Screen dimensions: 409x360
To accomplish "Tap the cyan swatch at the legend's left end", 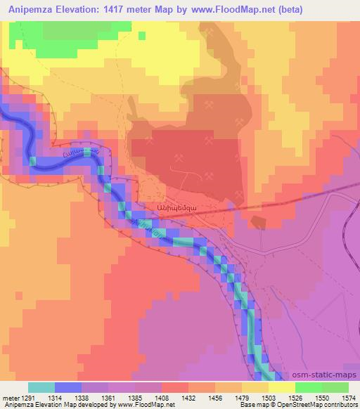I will [41, 387].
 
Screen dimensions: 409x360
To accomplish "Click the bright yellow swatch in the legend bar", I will [281, 387].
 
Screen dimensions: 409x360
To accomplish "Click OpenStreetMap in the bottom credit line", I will [288, 405].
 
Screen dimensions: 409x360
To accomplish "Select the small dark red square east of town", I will [258, 222].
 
